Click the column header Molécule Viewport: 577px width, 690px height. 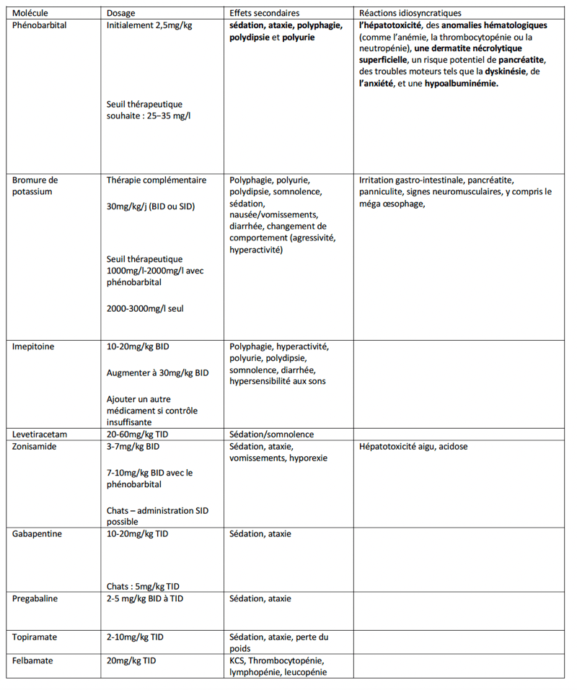[31, 13]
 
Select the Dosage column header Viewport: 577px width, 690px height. [120, 13]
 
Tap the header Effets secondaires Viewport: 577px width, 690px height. [264, 13]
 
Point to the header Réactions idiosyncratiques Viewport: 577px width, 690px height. [410, 13]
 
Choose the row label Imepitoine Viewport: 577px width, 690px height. [33, 346]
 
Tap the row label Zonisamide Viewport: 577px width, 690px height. [35, 447]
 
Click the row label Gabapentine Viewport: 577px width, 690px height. [37, 534]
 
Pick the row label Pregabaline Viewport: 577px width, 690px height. [35, 598]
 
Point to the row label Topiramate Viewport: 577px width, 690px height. [35, 637]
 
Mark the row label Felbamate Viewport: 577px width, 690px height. [32, 660]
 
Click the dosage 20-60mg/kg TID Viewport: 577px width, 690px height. [141, 434]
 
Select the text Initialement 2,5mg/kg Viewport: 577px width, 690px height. [149, 25]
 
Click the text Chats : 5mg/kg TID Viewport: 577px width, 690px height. [143, 586]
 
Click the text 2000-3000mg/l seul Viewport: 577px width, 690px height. [145, 308]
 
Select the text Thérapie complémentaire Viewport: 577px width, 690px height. [156, 180]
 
